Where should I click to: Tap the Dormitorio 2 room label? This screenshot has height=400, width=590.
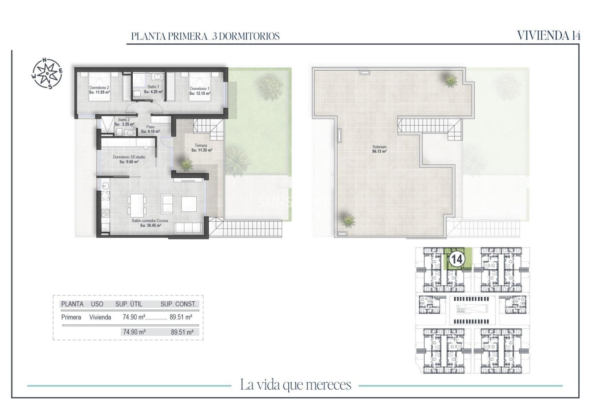99,89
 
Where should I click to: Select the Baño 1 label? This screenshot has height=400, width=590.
153,89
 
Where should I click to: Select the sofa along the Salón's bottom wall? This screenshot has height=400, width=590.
189,227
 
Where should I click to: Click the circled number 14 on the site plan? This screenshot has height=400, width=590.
456,258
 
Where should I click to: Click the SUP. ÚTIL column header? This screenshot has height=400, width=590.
129,304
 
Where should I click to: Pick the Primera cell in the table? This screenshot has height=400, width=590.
71,317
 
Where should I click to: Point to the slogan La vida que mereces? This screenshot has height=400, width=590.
295,384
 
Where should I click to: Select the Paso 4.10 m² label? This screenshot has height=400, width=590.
150,129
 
